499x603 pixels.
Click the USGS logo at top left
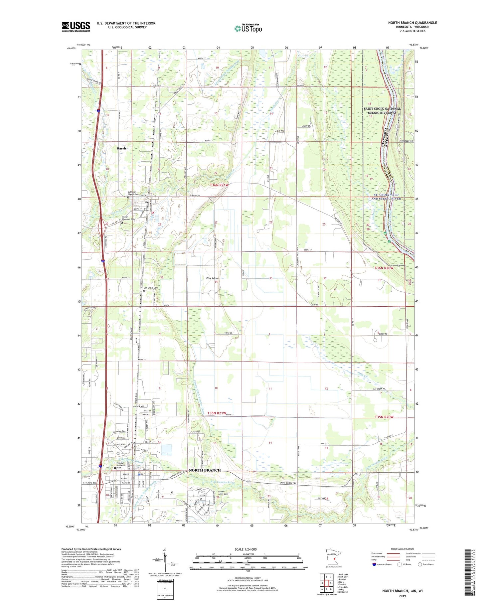[x=76, y=27]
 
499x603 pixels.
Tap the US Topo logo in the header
[x=248, y=28]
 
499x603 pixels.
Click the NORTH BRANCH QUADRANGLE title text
[x=412, y=23]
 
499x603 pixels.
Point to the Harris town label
[x=121, y=148]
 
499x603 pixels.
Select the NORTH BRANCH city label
[x=205, y=470]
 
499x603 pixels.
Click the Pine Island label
[x=213, y=278]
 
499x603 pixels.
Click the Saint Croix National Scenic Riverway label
[x=382, y=111]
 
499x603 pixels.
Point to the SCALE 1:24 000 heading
[x=246, y=549]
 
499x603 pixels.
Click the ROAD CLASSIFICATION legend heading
[x=403, y=549]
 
